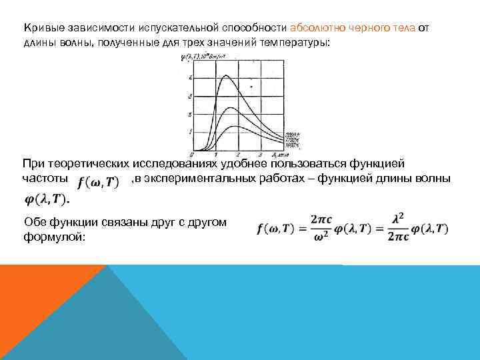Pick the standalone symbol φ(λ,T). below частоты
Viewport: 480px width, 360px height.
pyautogui.click(x=47, y=199)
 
